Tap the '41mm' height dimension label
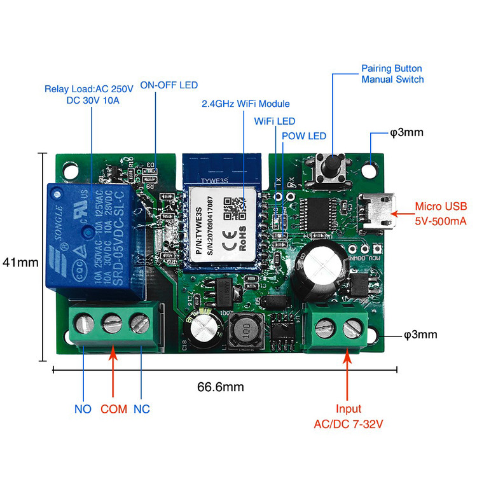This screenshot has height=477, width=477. [17, 261]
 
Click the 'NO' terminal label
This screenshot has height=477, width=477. [83, 409]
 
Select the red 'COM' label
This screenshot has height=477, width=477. [114, 409]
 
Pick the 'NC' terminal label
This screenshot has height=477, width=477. [141, 409]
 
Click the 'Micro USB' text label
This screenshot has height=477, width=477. [441, 206]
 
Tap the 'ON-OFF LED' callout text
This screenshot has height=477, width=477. [169, 85]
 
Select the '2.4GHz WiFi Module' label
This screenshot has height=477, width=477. [245, 104]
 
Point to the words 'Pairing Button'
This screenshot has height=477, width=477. [391, 68]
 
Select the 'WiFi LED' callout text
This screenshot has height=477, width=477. [274, 121]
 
